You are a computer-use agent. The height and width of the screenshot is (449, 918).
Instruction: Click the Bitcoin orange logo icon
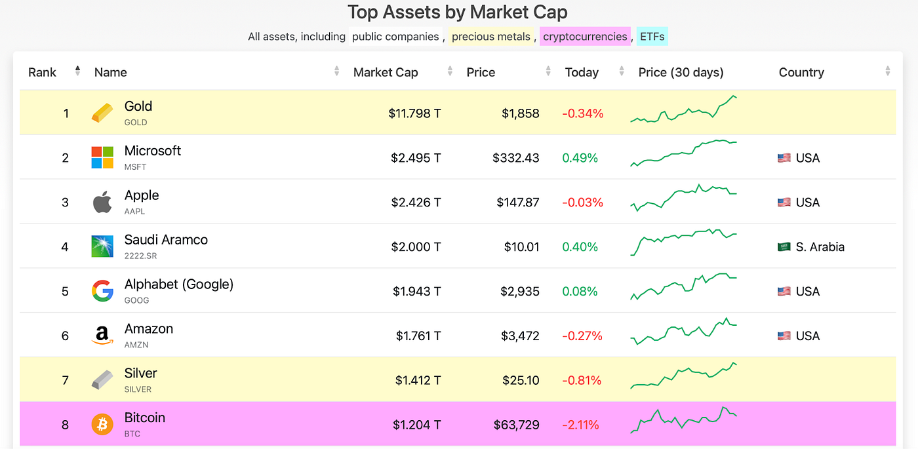tap(102, 425)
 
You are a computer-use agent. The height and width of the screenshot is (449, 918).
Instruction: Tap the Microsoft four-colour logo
tap(102, 158)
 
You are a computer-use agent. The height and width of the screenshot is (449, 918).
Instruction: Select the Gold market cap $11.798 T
tap(414, 113)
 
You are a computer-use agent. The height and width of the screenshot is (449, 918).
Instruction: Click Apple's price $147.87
tap(518, 203)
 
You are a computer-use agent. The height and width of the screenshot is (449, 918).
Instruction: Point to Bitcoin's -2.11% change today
tap(580, 425)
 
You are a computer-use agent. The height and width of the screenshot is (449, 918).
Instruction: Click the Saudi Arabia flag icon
tap(784, 247)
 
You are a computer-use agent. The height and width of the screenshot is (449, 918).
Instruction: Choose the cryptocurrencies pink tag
tap(585, 37)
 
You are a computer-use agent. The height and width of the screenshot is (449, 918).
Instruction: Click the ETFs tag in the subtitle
tap(652, 37)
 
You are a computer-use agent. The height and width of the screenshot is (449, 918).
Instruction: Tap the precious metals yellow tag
tap(491, 37)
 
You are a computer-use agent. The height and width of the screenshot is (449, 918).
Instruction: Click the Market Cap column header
tap(386, 72)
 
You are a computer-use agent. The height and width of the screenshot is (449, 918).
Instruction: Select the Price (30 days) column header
tap(681, 72)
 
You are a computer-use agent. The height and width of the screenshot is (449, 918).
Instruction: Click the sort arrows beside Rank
tap(77, 71)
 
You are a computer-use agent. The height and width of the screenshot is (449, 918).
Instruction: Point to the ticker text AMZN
tap(136, 345)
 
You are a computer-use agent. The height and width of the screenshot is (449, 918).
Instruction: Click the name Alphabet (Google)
tap(179, 284)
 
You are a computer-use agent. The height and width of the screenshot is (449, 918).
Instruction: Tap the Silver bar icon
tap(102, 380)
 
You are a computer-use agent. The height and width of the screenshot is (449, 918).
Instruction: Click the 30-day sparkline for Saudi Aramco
tap(683, 243)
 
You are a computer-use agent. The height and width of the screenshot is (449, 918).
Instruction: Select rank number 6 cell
tap(65, 336)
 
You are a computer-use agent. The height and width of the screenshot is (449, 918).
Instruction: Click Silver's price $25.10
tap(521, 380)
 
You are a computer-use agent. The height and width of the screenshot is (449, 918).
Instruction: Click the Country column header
tap(801, 72)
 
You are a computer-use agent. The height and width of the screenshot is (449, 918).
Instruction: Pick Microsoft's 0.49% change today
tap(580, 158)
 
